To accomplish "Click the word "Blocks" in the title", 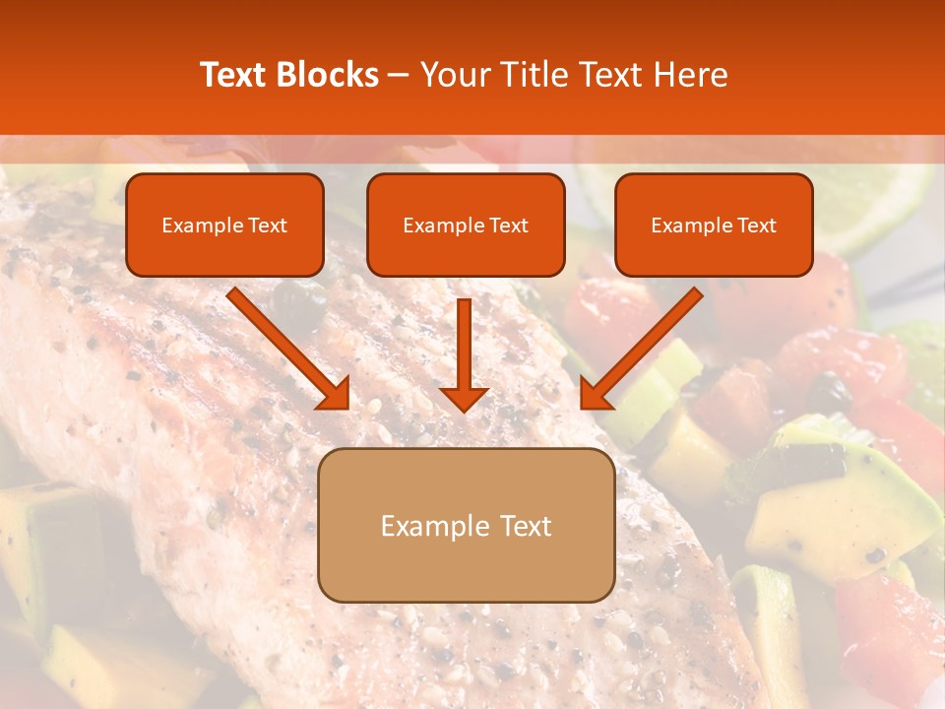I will pyautogui.click(x=328, y=75).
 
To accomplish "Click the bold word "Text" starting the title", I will pyautogui.click(x=235, y=75).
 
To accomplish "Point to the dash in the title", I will pyautogui.click(x=400, y=76).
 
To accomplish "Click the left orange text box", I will pyautogui.click(x=224, y=225).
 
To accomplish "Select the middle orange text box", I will pyautogui.click(x=466, y=225).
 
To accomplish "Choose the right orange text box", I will pyautogui.click(x=714, y=225).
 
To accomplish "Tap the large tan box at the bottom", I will pyautogui.click(x=466, y=525).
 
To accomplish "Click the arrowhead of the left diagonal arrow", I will pyautogui.click(x=335, y=394).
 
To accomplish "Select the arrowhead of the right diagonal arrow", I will pyautogui.click(x=595, y=394).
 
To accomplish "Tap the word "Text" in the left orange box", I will pyautogui.click(x=268, y=226).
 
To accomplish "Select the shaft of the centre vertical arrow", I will pyautogui.click(x=465, y=340).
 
